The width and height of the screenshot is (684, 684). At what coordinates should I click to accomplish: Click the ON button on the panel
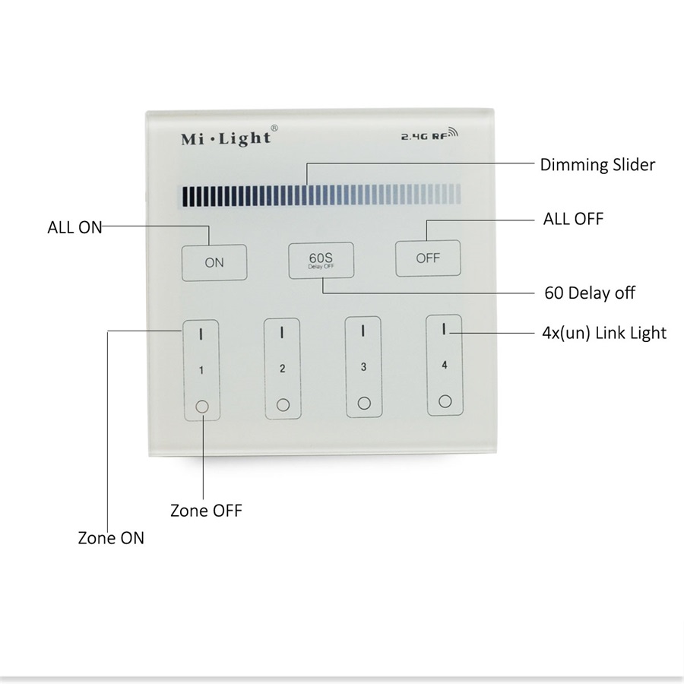point(214,263)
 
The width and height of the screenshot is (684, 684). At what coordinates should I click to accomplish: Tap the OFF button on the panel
point(428,258)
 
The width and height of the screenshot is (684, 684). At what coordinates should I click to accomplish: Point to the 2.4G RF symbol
point(429,135)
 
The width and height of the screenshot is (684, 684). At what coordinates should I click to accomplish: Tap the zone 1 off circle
point(202,407)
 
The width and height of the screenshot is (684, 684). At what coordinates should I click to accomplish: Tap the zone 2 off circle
point(283,405)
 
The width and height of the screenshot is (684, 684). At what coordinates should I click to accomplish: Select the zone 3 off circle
point(364,403)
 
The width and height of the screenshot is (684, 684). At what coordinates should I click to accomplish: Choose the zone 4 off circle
point(445,401)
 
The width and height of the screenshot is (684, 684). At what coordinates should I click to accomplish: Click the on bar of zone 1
point(201,334)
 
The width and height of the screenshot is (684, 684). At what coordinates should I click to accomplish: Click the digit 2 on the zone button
point(282,369)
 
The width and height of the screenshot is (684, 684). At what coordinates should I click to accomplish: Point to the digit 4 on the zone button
point(444,365)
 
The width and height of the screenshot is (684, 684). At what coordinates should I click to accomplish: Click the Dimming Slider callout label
point(597,164)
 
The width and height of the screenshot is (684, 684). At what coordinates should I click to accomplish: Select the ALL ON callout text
point(74,227)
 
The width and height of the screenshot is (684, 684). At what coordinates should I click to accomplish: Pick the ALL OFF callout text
point(573,219)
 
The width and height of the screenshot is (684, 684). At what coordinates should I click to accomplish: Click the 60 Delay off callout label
point(590,293)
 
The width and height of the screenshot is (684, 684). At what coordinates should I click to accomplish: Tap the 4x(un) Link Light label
point(604,333)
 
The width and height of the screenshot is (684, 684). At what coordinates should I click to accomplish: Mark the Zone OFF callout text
point(206,511)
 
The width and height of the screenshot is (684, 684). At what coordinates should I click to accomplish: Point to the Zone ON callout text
point(111,538)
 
